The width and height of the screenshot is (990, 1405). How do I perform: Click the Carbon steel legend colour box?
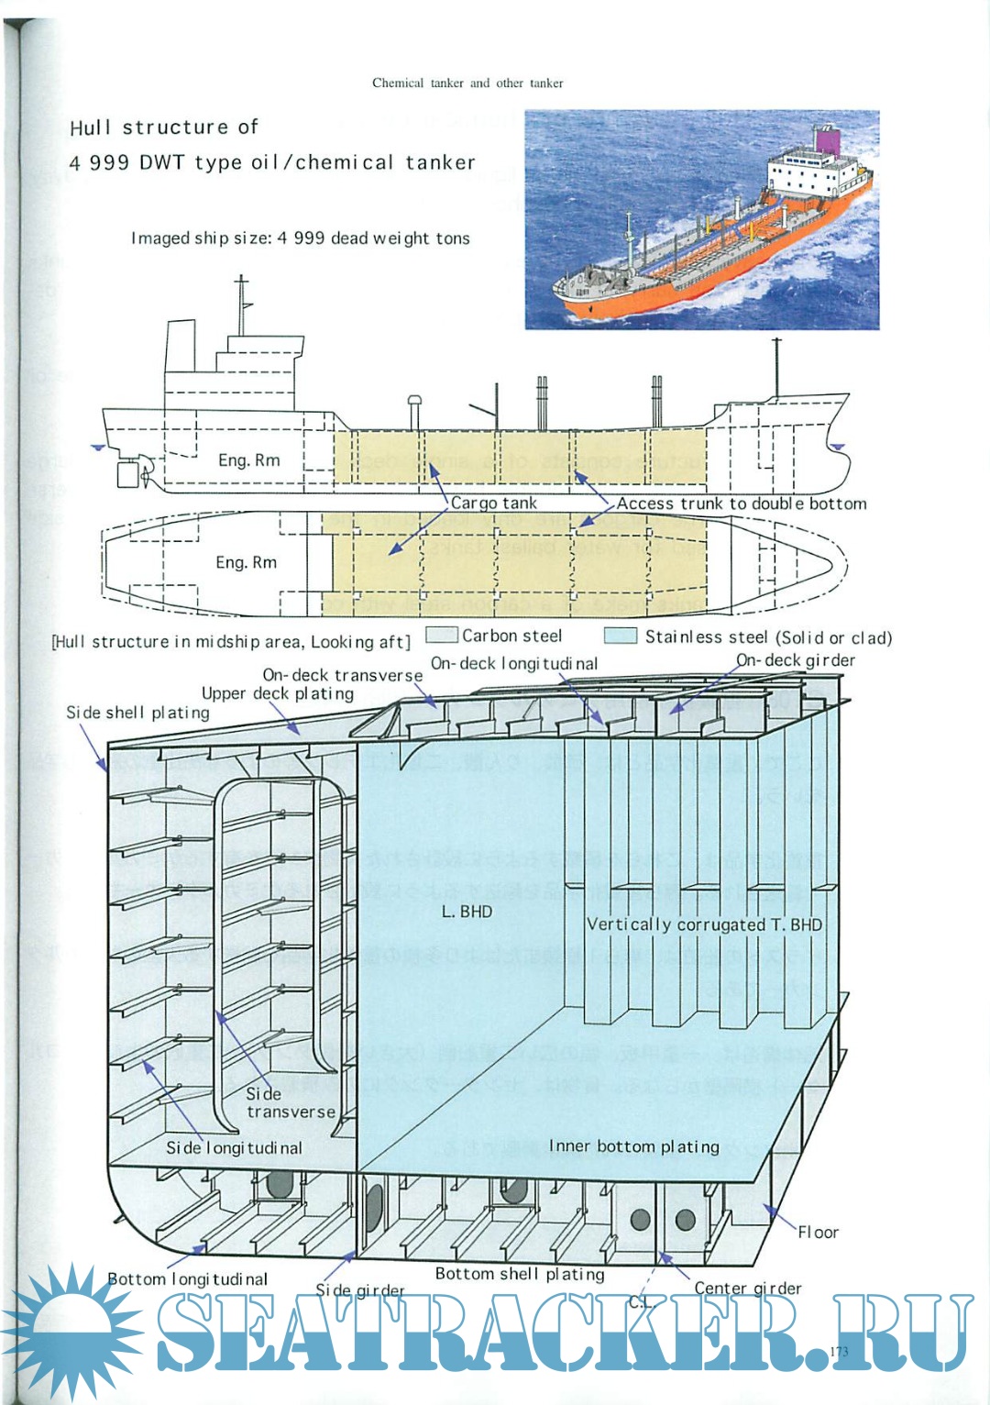(x=442, y=636)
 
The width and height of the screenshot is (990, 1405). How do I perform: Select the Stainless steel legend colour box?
(x=621, y=636)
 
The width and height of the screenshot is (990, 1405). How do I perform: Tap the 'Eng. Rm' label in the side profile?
(x=248, y=460)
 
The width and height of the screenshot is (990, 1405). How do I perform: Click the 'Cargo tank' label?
(x=494, y=503)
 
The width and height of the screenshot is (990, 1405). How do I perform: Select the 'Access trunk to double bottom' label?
(x=741, y=503)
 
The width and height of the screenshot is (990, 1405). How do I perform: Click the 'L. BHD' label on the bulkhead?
(x=467, y=912)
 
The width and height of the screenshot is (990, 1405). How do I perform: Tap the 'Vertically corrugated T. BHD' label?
(x=704, y=924)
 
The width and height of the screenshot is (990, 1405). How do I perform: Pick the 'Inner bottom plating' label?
(x=633, y=1145)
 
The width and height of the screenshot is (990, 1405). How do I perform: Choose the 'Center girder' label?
(x=747, y=1288)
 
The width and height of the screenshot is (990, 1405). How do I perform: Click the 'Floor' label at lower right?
(x=818, y=1232)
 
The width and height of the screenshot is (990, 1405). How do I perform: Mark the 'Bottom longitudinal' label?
(x=187, y=1278)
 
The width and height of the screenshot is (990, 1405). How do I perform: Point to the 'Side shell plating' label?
(x=137, y=713)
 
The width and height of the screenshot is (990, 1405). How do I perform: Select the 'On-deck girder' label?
(x=795, y=660)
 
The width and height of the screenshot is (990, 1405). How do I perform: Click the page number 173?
(x=838, y=1351)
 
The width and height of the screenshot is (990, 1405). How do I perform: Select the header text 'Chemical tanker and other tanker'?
(x=467, y=83)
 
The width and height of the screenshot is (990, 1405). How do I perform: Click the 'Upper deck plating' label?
(x=278, y=693)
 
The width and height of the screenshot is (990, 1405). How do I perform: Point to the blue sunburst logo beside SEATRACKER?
(x=71, y=1329)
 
